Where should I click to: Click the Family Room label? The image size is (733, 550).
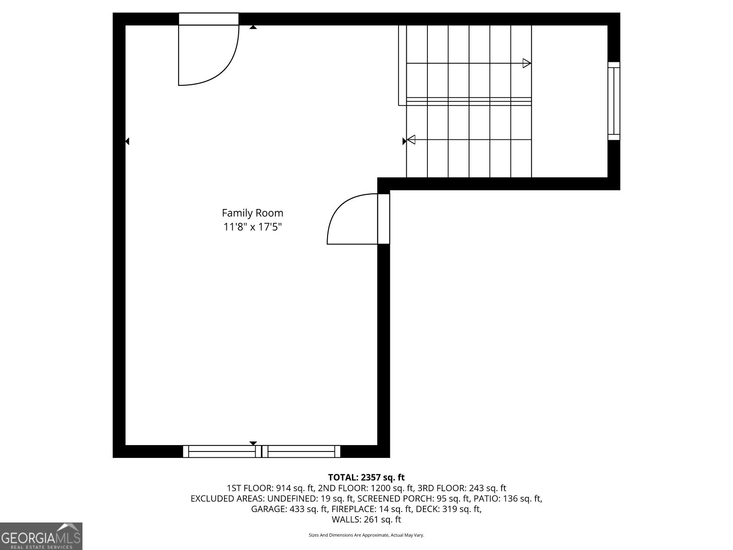tap(252, 213)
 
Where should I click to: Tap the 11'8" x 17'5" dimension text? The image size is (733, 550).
tap(252, 226)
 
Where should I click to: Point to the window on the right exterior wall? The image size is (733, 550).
tap(613, 101)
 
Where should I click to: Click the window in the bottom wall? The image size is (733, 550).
tap(262, 451)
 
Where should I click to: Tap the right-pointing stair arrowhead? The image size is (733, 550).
tap(527, 63)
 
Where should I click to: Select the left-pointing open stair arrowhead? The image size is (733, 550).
tap(411, 139)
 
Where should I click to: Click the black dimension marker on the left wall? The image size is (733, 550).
tap(127, 142)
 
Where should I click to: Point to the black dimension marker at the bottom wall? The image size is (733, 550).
tap(253, 443)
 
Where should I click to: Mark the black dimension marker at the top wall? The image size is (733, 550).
tap(253, 27)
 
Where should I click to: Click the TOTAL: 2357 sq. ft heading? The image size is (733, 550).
tap(366, 478)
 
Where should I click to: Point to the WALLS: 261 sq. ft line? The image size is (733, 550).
tap(366, 519)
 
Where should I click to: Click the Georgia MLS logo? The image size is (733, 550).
tap(41, 536)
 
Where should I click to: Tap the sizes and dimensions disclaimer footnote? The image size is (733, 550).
tap(366, 535)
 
